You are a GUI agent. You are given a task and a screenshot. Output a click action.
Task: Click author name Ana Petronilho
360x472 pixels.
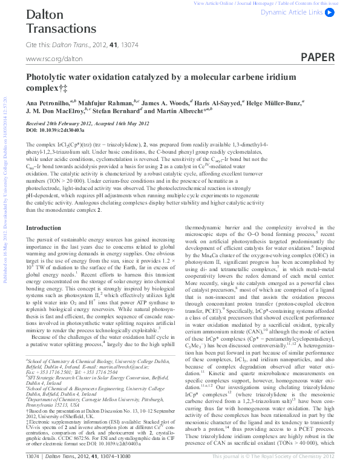[x=47, y=103]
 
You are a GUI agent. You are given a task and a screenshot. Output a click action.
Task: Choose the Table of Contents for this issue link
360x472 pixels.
[x=322, y=3]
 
